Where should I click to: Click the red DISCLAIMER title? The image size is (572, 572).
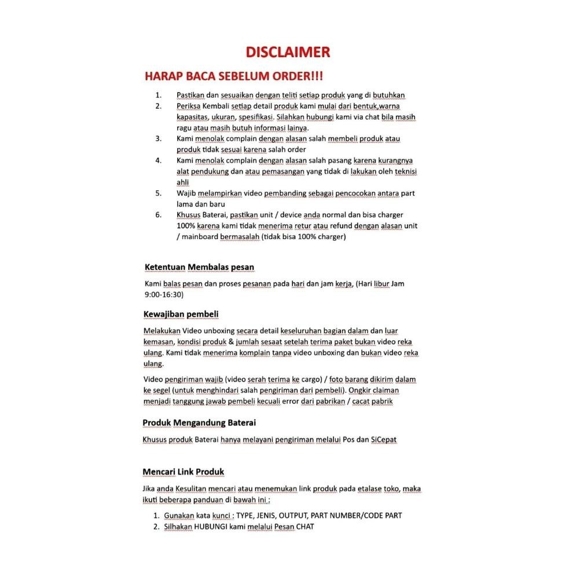(288, 52)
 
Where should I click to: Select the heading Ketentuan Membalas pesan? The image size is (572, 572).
(199, 267)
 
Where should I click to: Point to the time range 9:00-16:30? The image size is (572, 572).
(164, 295)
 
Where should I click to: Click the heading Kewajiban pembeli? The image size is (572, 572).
(181, 314)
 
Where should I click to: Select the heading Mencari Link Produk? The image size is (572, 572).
(184, 471)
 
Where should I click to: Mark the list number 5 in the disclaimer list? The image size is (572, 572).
(158, 193)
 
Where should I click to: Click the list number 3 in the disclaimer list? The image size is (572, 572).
(158, 139)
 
